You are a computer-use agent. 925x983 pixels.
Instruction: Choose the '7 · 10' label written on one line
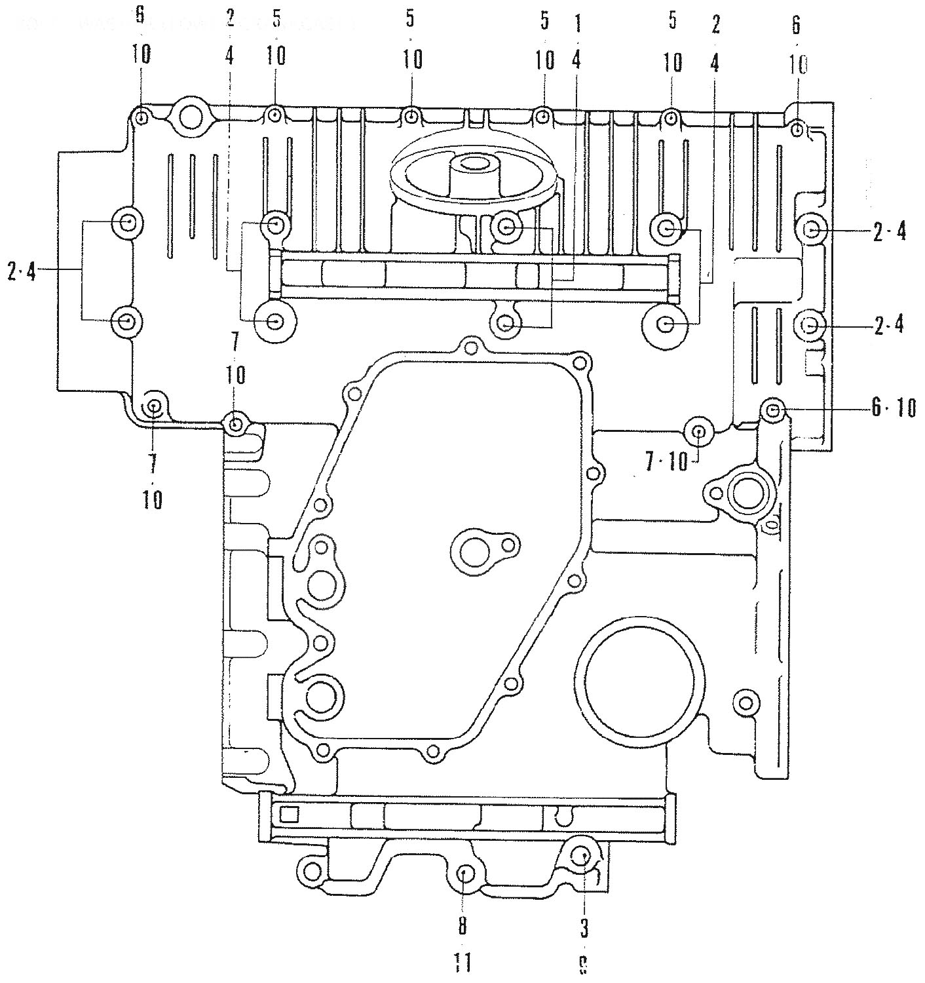coord(666,463)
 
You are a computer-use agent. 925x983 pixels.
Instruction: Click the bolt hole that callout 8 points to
coord(466,874)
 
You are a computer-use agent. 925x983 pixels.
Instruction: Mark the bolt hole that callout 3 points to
coord(581,855)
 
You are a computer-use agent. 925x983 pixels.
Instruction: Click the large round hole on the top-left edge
coord(191,117)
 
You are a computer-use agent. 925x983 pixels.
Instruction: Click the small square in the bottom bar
coord(289,815)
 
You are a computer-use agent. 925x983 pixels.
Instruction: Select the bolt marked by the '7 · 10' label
coord(698,432)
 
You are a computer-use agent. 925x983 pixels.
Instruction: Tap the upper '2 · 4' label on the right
coord(890,231)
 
